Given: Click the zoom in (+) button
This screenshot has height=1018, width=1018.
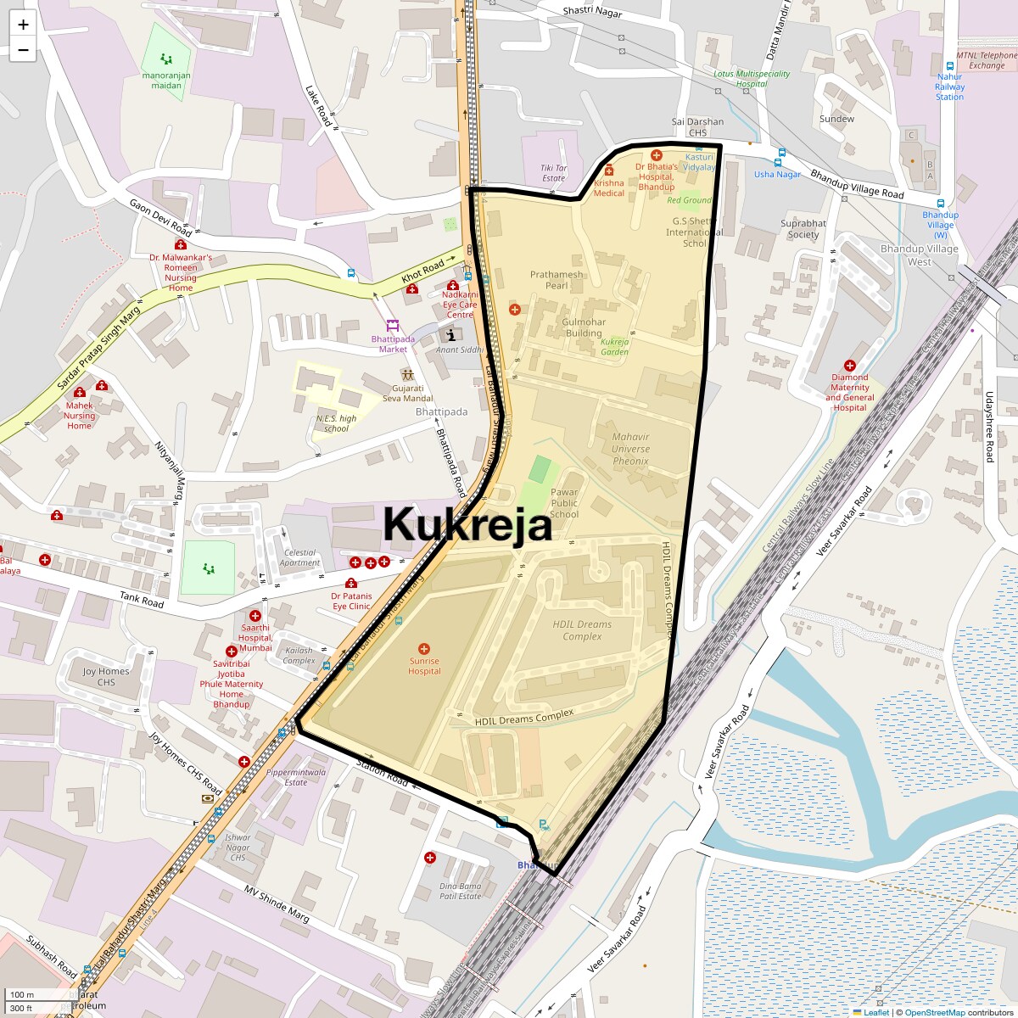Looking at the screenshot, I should point(23,25).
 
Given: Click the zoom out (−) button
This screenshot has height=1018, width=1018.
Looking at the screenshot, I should point(23,50).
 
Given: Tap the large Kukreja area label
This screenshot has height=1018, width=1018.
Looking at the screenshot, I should point(467,523).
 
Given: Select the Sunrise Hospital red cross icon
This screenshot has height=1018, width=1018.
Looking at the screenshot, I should point(424,649).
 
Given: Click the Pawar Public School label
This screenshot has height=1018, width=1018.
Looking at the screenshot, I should point(564,503).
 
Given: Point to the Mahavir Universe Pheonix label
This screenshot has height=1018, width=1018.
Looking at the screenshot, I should point(630,450).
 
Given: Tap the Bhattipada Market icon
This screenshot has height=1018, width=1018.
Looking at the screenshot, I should point(392,325).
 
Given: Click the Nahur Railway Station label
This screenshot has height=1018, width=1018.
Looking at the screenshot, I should point(949,87).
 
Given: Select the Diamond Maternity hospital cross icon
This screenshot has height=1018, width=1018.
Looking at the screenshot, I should point(849,366).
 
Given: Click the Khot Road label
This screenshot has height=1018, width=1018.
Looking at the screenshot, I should point(422,271).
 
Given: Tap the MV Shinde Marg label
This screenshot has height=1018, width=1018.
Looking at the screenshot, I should point(277,904).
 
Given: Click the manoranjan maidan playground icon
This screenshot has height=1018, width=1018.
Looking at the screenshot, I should point(166,59).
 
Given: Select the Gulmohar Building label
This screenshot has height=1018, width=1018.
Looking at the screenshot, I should point(584,327).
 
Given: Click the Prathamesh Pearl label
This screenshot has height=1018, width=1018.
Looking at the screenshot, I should point(557,280).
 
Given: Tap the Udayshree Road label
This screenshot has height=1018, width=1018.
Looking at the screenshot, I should point(989,427).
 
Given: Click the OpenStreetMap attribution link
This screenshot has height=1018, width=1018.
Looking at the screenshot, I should point(934,1012).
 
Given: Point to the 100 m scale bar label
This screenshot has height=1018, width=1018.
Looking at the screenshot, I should point(23,994).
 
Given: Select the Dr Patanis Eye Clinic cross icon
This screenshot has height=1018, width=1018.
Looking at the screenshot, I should point(351,583).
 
